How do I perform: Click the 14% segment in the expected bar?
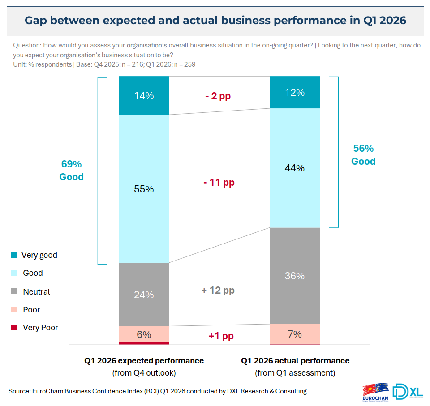pos(144,95)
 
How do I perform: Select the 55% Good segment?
pos(144,189)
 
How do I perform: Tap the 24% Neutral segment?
pos(144,295)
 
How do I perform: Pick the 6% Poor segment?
pos(144,334)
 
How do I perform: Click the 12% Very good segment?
pos(295,92)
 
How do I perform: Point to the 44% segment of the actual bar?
pos(295,168)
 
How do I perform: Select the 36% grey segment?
pos(295,276)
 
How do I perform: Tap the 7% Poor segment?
pos(295,334)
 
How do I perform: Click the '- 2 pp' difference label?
pos(218,96)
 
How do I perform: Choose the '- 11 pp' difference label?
pos(219,183)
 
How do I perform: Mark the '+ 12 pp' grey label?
pos(218,290)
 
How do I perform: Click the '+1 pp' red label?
pos(221,336)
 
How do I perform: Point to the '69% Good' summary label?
pos(72,171)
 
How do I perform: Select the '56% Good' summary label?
pos(363,155)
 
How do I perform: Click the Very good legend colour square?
pos(13,255)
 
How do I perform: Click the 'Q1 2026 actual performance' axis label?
pos(295,361)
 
